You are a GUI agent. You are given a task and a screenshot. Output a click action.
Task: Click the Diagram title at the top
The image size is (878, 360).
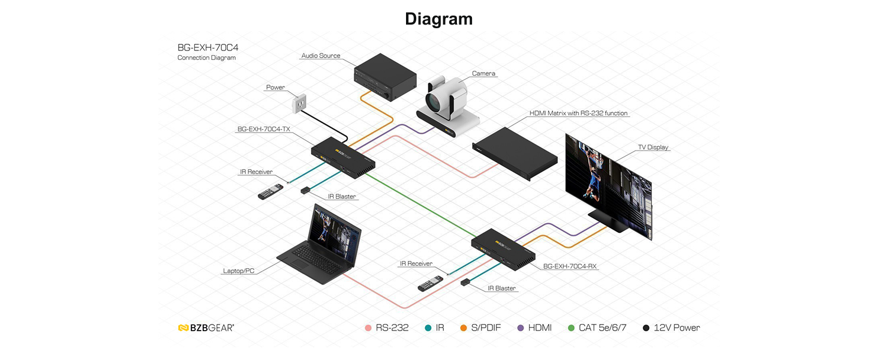[x=438, y=19]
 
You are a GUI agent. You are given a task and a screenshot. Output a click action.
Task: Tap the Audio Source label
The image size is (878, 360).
[x=321, y=56]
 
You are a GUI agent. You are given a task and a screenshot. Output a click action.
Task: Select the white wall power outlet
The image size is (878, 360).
[x=299, y=104]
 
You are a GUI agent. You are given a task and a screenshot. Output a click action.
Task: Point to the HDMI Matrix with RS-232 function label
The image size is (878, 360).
[x=578, y=113]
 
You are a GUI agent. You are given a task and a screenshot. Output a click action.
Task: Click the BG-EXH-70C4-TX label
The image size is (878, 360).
[x=263, y=129]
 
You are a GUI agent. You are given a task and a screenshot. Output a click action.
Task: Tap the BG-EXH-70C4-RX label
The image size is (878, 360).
[x=570, y=266]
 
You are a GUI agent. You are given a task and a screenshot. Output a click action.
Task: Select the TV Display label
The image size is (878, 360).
[x=653, y=147]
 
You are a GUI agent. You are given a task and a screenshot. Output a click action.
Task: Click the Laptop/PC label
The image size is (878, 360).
[x=238, y=271]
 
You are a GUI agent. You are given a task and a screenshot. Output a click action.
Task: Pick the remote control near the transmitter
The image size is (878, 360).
[x=270, y=191]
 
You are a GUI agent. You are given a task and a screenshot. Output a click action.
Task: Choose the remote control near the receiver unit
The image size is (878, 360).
[x=431, y=284]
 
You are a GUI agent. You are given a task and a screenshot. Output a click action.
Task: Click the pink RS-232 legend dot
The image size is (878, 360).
[x=368, y=328]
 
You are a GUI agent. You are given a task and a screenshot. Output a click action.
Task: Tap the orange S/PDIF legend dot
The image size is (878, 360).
[x=464, y=328]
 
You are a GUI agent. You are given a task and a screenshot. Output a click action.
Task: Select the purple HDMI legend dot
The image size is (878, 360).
[x=521, y=328]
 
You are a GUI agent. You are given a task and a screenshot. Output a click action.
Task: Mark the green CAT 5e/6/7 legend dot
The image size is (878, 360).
[x=571, y=328]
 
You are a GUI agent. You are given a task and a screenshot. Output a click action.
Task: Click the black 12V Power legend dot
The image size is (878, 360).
[x=646, y=328]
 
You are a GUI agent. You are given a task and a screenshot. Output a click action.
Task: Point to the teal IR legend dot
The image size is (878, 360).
[x=428, y=328]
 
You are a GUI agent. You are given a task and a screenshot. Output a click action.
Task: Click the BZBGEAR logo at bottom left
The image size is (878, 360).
[x=206, y=328]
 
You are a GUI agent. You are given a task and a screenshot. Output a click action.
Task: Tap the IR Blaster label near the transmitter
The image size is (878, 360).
[x=342, y=196]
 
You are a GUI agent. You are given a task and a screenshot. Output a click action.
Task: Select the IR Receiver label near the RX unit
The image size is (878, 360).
[x=416, y=263]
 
